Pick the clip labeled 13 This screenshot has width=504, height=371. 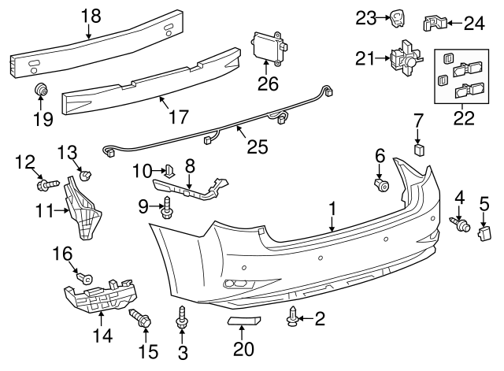coord(86,173)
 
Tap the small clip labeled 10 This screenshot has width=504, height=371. coord(169,169)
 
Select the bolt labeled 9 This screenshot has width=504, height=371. coord(168,209)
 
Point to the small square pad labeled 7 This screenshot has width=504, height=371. coord(418,148)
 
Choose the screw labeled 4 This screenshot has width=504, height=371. coord(458,224)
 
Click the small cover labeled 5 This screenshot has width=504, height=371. coord(483,232)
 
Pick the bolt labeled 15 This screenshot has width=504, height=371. coord(143,320)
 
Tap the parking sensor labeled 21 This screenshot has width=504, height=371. coord(403,59)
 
